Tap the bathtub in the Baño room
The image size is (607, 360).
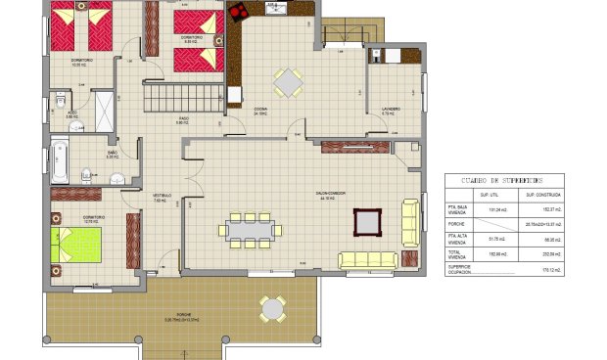[61, 161]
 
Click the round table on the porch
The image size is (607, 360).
[273, 309]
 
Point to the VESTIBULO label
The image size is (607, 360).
[162, 196]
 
